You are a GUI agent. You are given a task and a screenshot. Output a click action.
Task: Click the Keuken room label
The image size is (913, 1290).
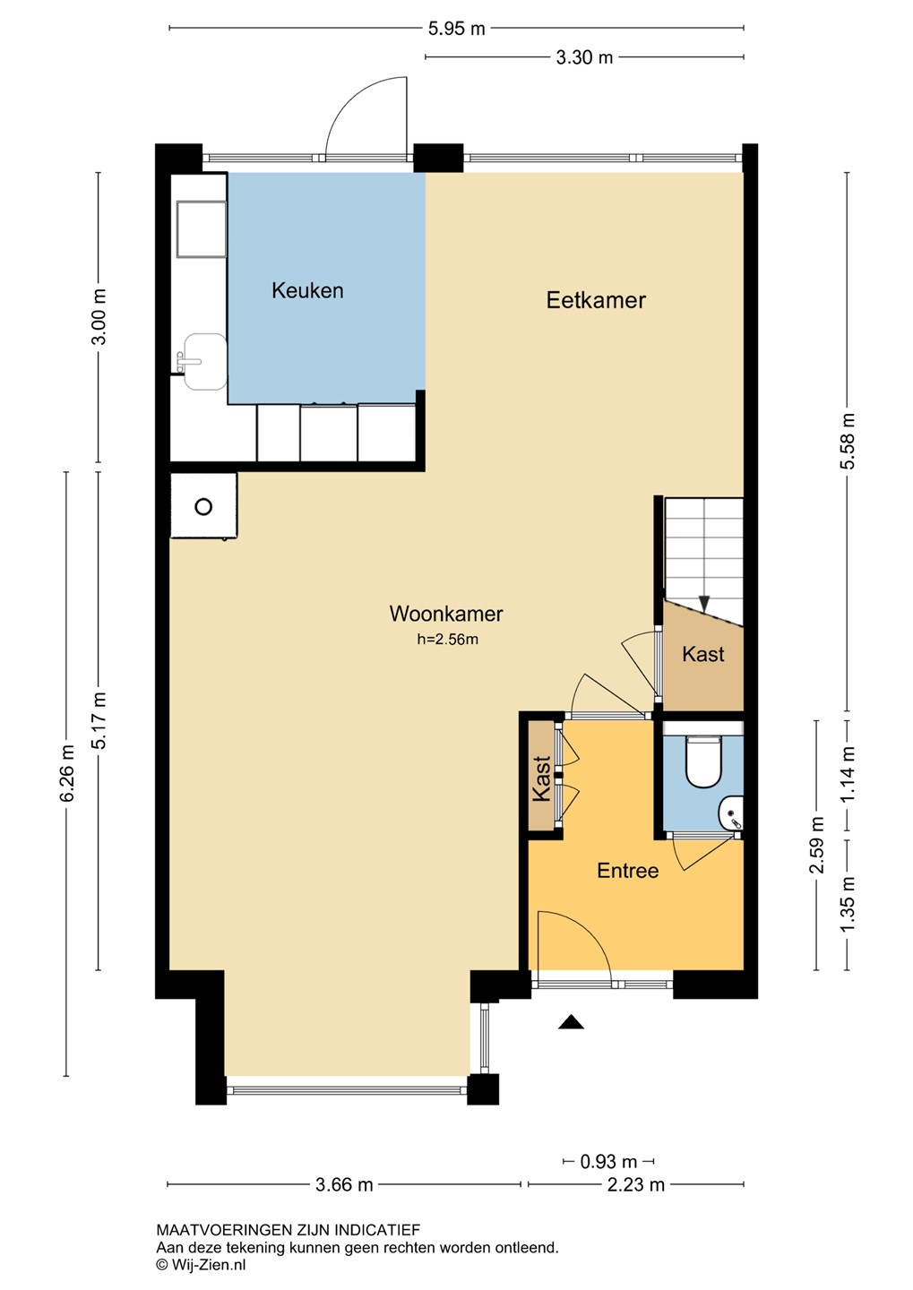(x=307, y=291)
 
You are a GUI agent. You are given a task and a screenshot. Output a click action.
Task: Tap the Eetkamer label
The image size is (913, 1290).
(x=596, y=301)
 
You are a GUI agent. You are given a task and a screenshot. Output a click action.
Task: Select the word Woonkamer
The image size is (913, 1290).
(x=446, y=614)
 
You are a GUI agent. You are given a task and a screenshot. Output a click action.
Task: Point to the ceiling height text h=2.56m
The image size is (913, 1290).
(x=448, y=640)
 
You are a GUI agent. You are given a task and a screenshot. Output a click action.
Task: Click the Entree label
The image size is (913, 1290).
(x=627, y=870)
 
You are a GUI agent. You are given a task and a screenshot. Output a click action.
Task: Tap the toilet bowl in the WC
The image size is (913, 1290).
(x=702, y=763)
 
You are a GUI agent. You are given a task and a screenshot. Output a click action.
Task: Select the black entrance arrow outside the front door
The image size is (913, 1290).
(x=571, y=1021)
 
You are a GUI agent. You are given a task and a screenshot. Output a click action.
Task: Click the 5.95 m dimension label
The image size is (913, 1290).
(x=456, y=29)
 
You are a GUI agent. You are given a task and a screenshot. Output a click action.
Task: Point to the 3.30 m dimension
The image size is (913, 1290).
(x=584, y=57)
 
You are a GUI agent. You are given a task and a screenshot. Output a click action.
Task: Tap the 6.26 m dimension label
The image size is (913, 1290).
(x=67, y=773)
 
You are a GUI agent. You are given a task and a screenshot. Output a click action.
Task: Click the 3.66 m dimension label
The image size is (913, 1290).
(x=344, y=1184)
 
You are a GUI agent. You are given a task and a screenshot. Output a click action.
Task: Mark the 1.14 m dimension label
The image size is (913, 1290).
(x=848, y=774)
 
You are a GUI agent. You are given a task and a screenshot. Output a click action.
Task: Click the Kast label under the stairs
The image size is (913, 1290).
(x=702, y=654)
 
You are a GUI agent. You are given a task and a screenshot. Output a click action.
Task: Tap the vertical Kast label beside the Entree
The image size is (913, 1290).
(x=541, y=778)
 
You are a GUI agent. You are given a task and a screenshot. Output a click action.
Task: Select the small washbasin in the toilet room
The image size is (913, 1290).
(x=731, y=813)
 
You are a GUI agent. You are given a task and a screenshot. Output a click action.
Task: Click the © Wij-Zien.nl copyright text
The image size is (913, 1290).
(x=201, y=1265)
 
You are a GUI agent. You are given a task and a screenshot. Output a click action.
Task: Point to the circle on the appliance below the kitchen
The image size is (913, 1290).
(x=203, y=507)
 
